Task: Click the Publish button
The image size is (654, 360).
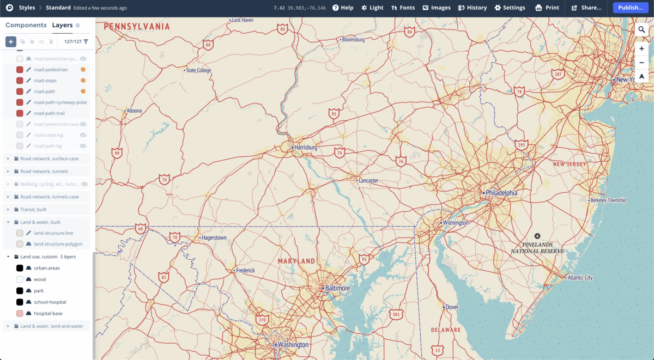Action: click(631, 8)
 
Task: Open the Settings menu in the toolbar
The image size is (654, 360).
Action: click(510, 8)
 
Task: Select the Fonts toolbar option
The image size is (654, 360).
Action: click(403, 8)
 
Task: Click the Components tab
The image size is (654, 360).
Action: click(26, 25)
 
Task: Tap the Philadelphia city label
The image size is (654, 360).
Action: click(501, 193)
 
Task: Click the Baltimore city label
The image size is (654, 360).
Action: click(338, 288)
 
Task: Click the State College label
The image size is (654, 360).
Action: click(198, 70)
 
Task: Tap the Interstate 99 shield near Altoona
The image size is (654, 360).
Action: click(117, 153)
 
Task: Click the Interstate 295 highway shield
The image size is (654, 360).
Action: click(521, 144)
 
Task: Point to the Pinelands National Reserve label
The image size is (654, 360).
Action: click(537, 248)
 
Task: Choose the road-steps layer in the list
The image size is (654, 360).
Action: click(45, 81)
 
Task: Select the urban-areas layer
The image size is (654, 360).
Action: click(47, 268)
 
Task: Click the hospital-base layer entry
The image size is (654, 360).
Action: click(48, 313)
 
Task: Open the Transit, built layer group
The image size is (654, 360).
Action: click(33, 209)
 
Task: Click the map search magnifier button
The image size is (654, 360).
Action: click(641, 30)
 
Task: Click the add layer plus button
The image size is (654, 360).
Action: click(11, 41)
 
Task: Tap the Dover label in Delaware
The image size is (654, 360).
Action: click(452, 307)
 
